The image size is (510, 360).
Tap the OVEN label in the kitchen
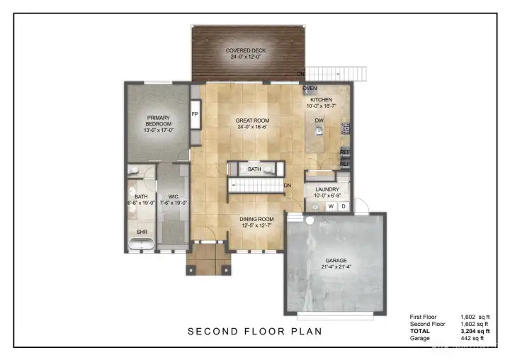click(x=310, y=89)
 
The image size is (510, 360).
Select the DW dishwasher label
click(x=319, y=120)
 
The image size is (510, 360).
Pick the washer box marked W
click(x=330, y=206)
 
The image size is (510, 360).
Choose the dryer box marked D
click(x=343, y=206)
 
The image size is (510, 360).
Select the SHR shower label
click(x=142, y=232)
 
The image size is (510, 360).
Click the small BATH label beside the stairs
click(x=254, y=169)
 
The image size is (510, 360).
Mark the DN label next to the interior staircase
click(x=288, y=186)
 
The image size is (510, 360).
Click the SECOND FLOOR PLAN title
click(x=255, y=331)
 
